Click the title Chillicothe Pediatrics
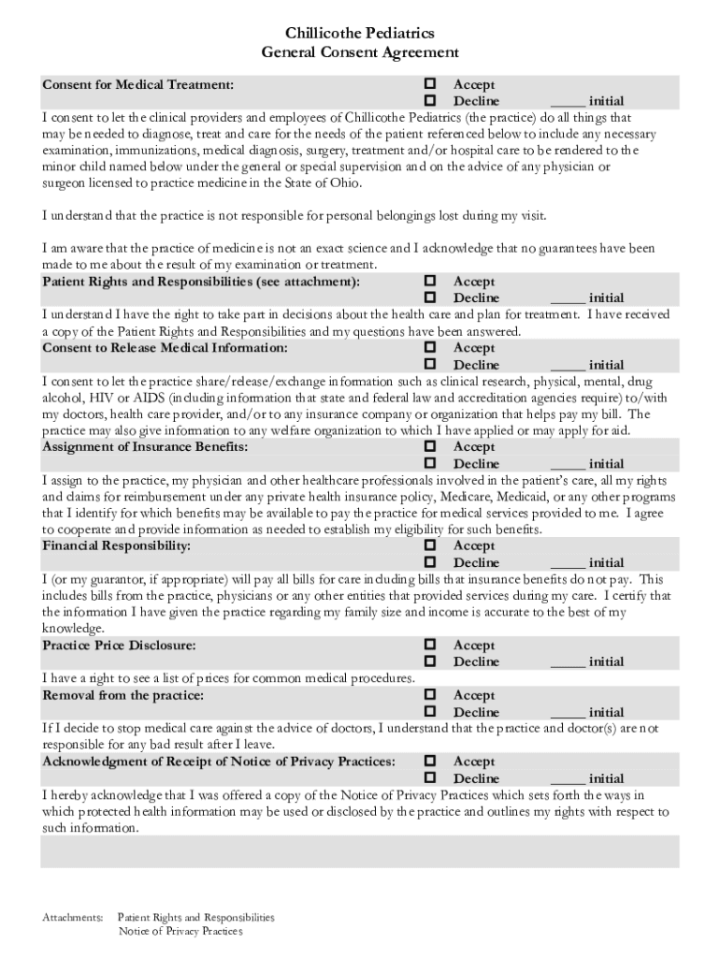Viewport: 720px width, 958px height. tap(360, 34)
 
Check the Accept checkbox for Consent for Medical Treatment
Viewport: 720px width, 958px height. tap(431, 84)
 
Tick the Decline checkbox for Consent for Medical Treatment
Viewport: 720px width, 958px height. tap(431, 100)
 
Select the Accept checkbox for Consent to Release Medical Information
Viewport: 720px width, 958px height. tap(431, 348)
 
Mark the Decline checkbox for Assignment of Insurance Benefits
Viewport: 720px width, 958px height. tap(431, 463)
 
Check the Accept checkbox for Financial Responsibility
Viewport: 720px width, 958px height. tap(431, 545)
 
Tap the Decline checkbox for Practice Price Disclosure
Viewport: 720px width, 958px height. tap(431, 661)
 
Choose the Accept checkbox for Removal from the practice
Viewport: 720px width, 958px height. tap(431, 695)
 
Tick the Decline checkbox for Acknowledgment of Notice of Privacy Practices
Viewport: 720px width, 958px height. tap(431, 778)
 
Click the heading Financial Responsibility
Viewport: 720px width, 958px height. tap(117, 545)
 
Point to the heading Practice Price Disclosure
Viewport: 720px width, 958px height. tap(119, 646)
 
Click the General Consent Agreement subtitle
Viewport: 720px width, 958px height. tap(360, 53)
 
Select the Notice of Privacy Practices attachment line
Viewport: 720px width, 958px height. tap(180, 932)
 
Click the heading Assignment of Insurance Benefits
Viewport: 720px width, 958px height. tap(145, 447)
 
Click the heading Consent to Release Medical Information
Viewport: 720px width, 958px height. tap(165, 348)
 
